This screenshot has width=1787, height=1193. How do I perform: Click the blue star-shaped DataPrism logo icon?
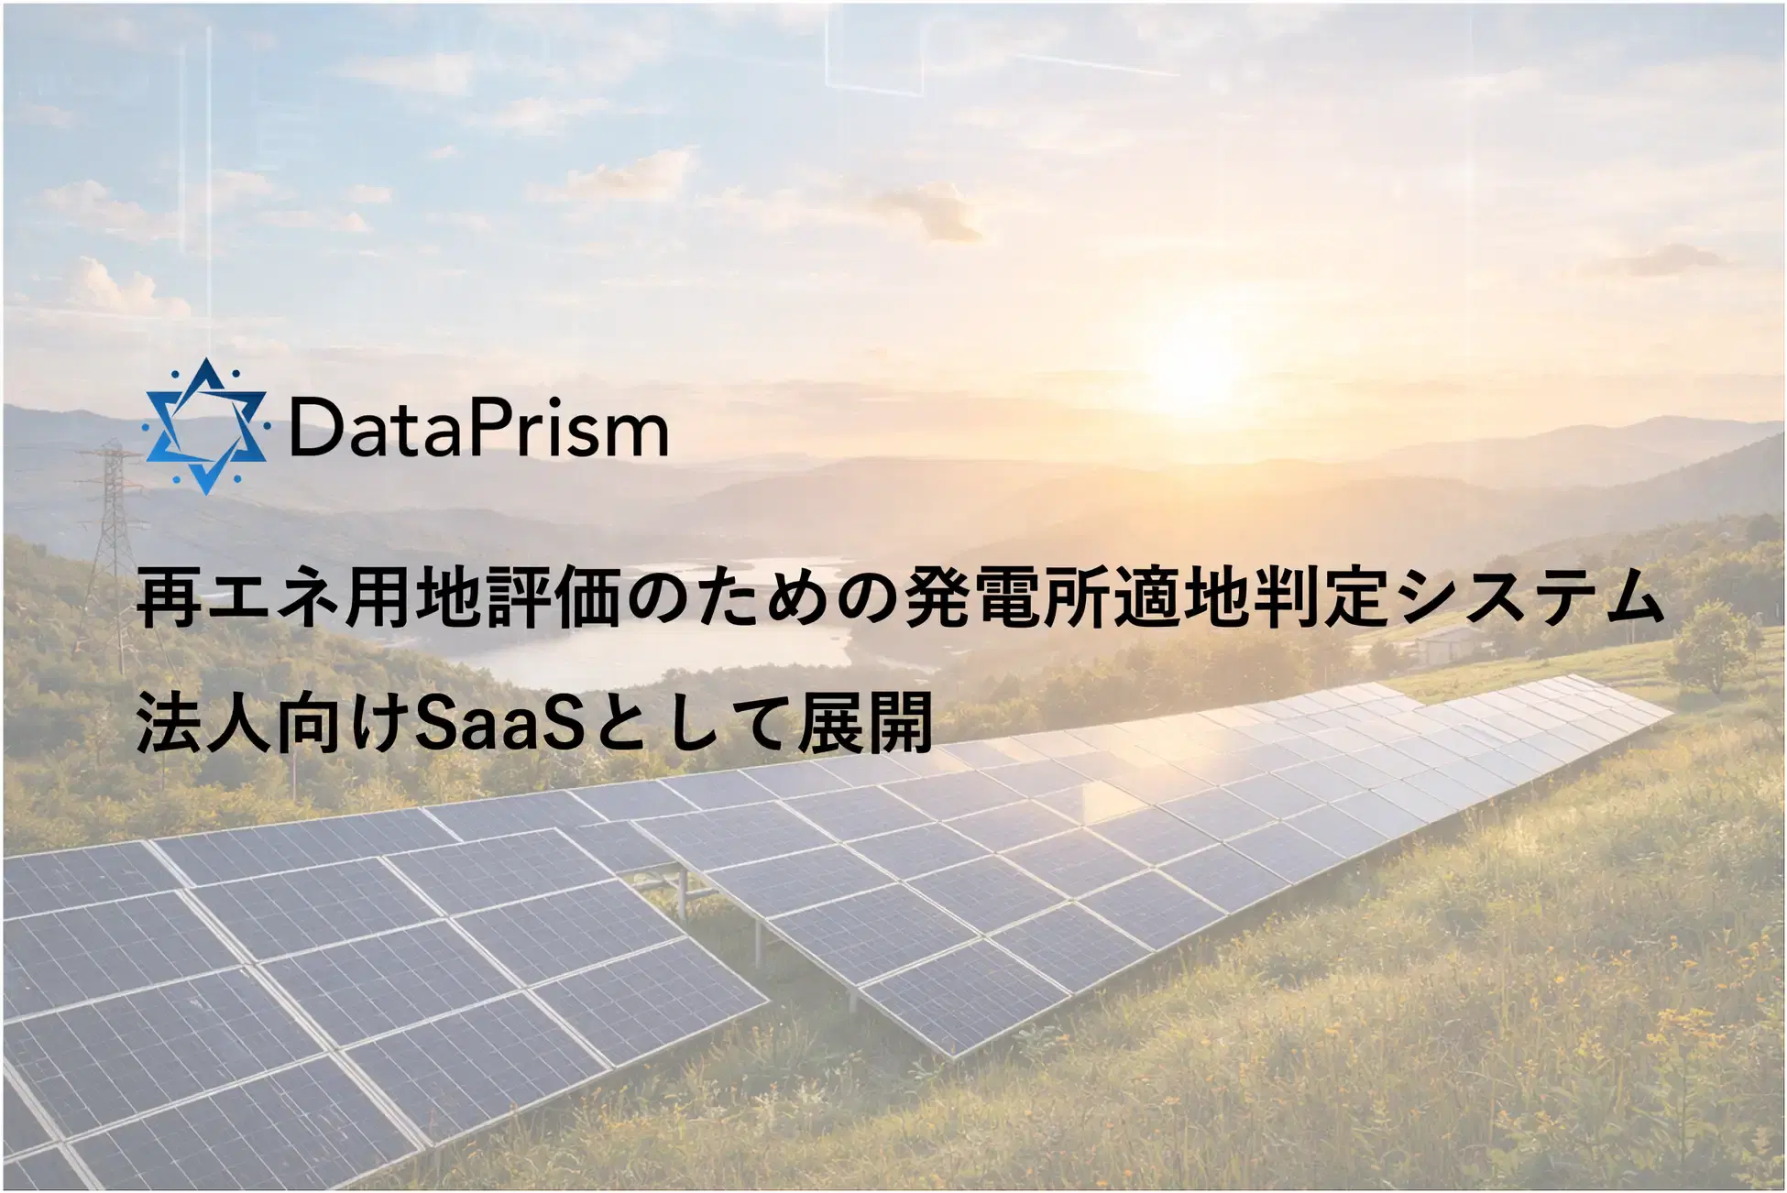pyautogui.click(x=205, y=426)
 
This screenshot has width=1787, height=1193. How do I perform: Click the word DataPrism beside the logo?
pyautogui.click(x=478, y=429)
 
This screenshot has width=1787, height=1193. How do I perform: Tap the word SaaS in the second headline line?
pyautogui.click(x=499, y=723)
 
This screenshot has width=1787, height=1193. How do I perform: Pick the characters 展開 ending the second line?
pyautogui.click(x=865, y=723)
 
